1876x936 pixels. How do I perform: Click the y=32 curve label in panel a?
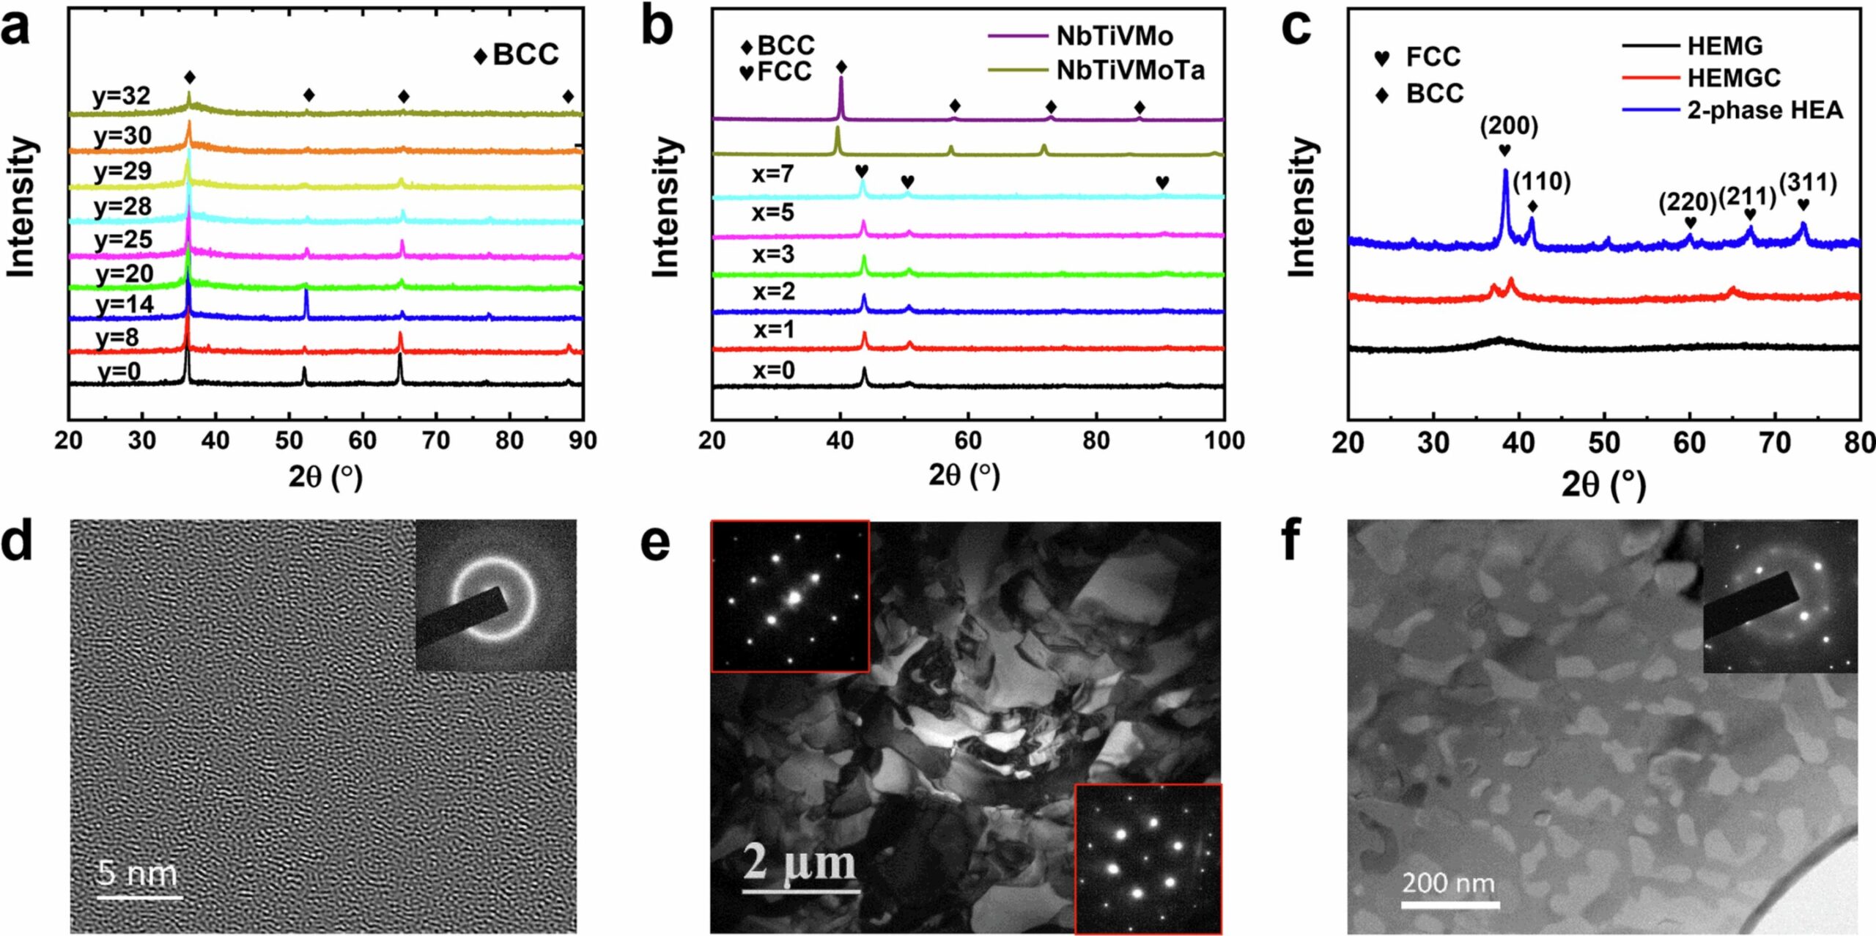coord(122,96)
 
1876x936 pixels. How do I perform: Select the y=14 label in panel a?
coord(125,303)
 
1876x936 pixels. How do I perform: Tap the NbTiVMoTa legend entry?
coord(1130,70)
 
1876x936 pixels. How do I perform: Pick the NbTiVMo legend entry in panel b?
coord(1114,36)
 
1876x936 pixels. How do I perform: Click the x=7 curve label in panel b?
coord(772,174)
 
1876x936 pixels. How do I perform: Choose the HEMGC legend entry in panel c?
coord(1733,78)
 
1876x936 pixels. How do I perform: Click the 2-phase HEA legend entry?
coord(1764,111)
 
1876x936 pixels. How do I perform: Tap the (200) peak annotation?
coord(1509,127)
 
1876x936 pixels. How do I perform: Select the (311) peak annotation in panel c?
coord(1808,183)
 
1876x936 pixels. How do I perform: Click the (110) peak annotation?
coord(1542,182)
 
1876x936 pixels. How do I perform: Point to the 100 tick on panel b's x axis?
coord(1224,441)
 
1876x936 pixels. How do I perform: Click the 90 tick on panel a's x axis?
coord(583,441)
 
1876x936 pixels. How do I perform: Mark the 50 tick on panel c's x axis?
coord(1604,443)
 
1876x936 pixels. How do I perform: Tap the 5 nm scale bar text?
coord(138,873)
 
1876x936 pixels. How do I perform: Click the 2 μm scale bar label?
coord(799,862)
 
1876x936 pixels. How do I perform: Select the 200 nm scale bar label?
coord(1448,883)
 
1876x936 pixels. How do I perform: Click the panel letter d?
coord(18,543)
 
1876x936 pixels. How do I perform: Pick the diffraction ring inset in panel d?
coord(495,595)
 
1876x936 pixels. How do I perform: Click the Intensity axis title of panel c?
coord(1302,208)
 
